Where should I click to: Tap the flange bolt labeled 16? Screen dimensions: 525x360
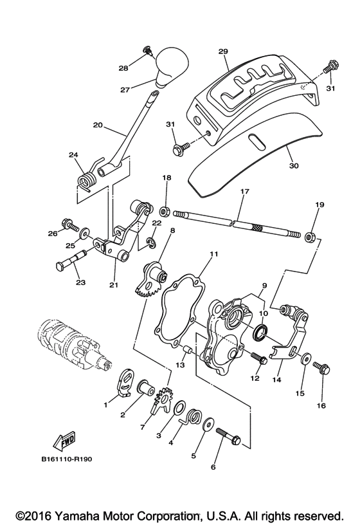pos(320,369)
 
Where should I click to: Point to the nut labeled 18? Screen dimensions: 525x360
pos(166,210)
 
